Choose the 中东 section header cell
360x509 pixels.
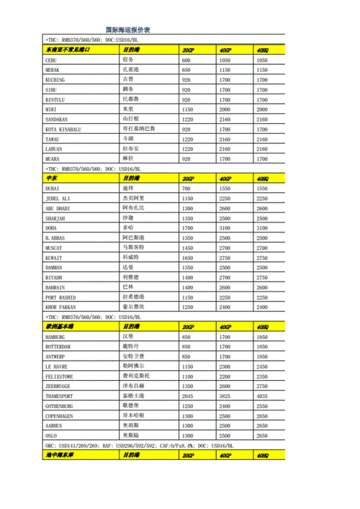[x=51, y=179]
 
